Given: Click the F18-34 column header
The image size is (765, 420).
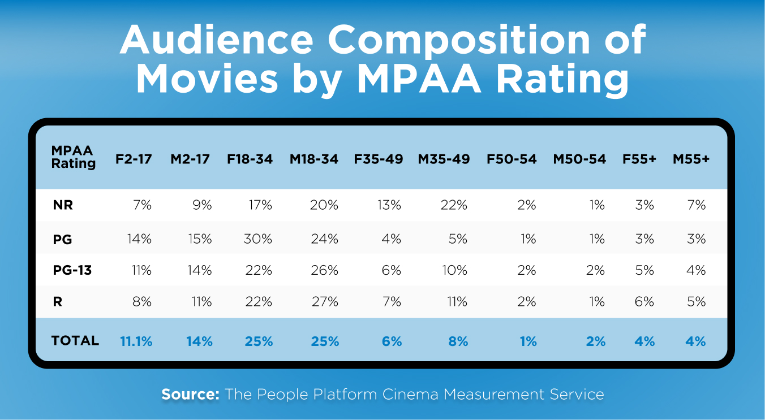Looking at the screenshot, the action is point(250,159).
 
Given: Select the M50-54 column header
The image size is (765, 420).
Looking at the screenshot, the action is point(579,159).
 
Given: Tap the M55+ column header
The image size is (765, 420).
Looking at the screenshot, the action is point(691,159).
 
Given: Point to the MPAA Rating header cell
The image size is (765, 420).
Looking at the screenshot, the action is point(73,157).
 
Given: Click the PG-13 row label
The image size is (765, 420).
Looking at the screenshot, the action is point(72,270).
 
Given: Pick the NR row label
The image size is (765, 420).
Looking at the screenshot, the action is point(63,205).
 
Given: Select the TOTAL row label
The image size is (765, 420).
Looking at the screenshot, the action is point(75,340).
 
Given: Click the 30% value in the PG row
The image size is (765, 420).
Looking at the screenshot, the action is point(258,239).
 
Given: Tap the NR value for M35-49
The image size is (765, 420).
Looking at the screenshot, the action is point(454,205).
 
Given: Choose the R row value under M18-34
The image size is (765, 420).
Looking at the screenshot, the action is point(325,302).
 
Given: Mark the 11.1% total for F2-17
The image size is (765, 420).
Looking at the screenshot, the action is point(136,341).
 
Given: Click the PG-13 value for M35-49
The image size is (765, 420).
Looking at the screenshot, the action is point(454,270).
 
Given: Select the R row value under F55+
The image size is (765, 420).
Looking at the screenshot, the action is point(644,302).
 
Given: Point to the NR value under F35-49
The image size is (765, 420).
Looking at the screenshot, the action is point(389,205).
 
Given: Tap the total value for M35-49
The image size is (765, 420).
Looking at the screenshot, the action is point(458,341).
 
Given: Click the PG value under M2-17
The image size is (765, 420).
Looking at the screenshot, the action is point(200,239).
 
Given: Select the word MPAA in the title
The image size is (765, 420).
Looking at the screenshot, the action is point(419,79).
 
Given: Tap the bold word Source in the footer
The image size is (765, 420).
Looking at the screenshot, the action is point(190,395).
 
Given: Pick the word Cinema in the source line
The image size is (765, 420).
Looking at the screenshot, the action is point(410,395).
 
